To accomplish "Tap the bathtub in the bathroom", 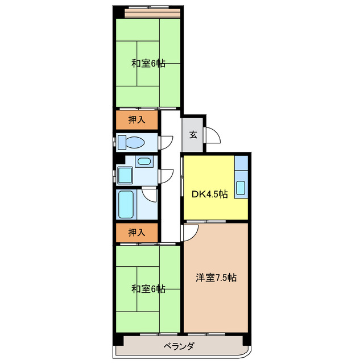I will [126, 204].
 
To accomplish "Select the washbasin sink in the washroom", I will [144, 162].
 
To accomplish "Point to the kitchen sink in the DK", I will [241, 187].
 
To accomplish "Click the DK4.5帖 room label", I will [209, 194].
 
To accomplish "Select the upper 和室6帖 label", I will [148, 63].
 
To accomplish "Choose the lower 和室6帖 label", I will [148, 288].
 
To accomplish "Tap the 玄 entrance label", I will [193, 135].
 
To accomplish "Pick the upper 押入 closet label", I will [137, 120].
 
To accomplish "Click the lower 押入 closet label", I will [137, 232].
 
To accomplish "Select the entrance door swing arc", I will [213, 136].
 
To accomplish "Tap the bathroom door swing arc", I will [150, 195].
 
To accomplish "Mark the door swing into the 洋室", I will [191, 230].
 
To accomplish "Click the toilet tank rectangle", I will [121, 142].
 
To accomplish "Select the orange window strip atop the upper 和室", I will [153, 13].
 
